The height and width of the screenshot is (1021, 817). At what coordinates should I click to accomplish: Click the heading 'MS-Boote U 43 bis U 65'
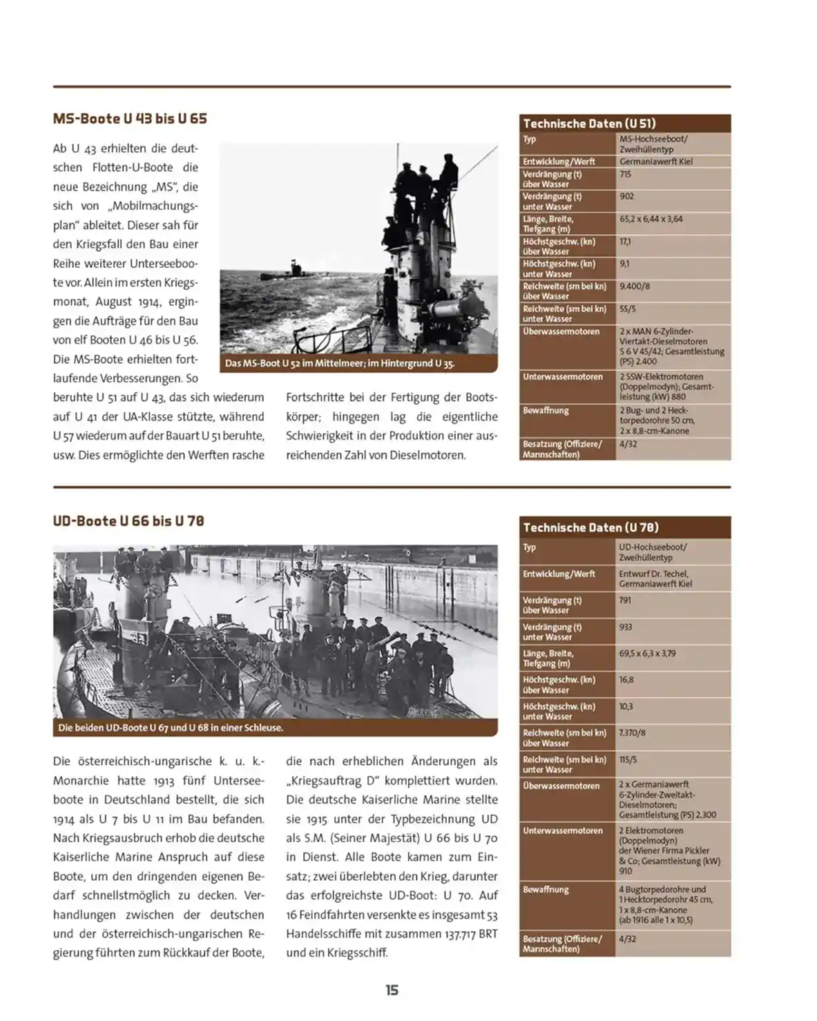tap(130, 119)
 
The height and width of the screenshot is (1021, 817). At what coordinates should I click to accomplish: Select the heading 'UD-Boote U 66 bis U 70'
tap(128, 521)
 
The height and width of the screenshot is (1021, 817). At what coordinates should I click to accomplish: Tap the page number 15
tap(392, 990)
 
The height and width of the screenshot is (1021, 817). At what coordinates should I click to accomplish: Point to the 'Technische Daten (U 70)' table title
tap(590, 527)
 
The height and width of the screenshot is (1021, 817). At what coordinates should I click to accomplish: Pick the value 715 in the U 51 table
tap(625, 175)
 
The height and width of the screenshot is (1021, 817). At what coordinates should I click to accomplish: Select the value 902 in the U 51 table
tap(626, 197)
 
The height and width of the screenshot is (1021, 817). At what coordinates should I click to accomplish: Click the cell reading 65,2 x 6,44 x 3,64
tap(651, 219)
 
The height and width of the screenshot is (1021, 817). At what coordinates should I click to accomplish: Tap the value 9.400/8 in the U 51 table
tap(634, 286)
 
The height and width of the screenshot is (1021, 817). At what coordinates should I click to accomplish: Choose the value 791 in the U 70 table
tap(625, 600)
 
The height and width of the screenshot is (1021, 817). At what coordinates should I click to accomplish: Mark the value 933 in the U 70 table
tap(626, 627)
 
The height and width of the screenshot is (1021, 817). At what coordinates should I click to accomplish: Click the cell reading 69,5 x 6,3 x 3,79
tap(647, 653)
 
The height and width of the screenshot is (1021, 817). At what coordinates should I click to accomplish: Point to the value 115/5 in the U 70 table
tap(627, 759)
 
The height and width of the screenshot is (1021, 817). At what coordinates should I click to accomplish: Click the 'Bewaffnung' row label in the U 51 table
tap(546, 411)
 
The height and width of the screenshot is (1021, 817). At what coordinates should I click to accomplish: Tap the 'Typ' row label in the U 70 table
tap(530, 547)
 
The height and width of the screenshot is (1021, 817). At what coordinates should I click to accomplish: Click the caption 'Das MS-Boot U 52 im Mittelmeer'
tap(340, 363)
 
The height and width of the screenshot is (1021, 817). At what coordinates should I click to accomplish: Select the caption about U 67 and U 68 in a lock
tap(171, 728)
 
